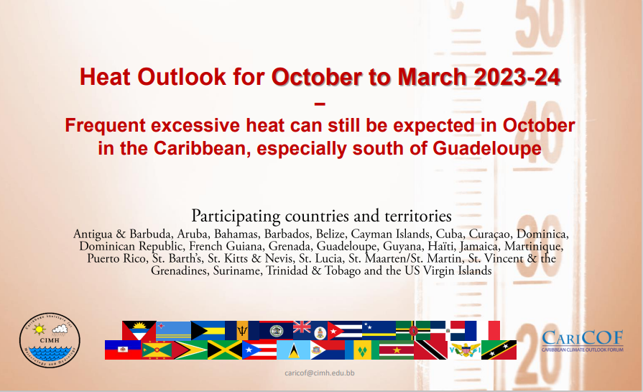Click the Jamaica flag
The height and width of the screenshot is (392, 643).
(x=225, y=350)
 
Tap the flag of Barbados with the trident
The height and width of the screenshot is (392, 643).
(x=242, y=330)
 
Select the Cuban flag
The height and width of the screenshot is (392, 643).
(x=344, y=330)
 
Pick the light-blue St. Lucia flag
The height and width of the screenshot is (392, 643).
(x=293, y=350)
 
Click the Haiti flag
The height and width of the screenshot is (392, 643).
(x=123, y=350)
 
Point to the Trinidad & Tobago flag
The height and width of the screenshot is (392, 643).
(x=430, y=350)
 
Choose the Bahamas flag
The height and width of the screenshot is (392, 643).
(x=208, y=330)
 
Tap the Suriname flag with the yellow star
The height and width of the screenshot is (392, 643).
(x=396, y=350)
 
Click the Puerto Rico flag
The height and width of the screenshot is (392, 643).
(x=259, y=350)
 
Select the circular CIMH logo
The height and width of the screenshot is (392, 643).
(x=50, y=340)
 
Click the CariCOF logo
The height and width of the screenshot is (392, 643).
(x=583, y=341)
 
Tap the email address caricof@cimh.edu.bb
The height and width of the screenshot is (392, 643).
(x=320, y=373)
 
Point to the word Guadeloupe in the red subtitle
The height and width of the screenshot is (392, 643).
(x=487, y=148)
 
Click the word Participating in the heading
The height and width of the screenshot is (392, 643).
(x=236, y=216)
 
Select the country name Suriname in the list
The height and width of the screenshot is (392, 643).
(x=237, y=271)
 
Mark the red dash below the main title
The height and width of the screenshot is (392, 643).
(x=320, y=104)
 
